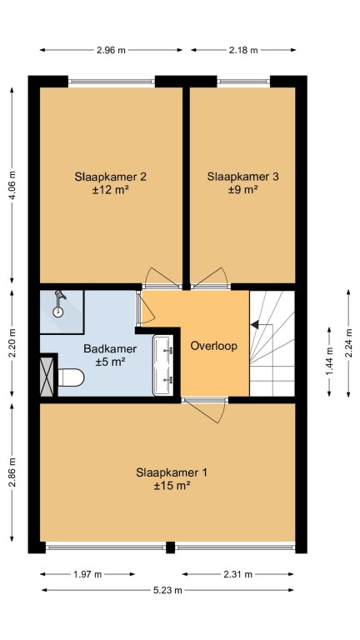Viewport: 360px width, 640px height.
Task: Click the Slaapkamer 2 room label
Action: click(x=111, y=182)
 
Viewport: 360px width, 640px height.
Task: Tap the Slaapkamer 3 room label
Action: click(x=242, y=182)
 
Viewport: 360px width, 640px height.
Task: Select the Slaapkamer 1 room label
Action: click(x=172, y=479)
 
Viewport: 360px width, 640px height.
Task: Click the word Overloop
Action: click(x=214, y=346)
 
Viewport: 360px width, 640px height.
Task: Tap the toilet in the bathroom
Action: click(x=71, y=377)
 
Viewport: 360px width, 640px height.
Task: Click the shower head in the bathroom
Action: click(x=59, y=302)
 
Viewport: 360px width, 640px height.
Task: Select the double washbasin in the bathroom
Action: click(x=163, y=365)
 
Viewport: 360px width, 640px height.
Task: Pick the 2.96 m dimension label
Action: click(x=111, y=50)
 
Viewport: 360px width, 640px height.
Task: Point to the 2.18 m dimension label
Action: click(x=243, y=50)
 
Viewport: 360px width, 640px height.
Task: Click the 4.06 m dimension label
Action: click(x=12, y=186)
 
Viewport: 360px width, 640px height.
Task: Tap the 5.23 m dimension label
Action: click(x=167, y=590)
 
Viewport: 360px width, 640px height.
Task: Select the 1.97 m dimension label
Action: click(x=87, y=574)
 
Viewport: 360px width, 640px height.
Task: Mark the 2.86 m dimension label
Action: click(x=12, y=472)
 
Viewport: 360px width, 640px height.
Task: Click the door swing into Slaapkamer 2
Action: click(x=162, y=277)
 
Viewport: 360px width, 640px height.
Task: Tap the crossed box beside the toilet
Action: click(x=47, y=376)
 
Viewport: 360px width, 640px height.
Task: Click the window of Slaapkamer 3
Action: click(x=243, y=81)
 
